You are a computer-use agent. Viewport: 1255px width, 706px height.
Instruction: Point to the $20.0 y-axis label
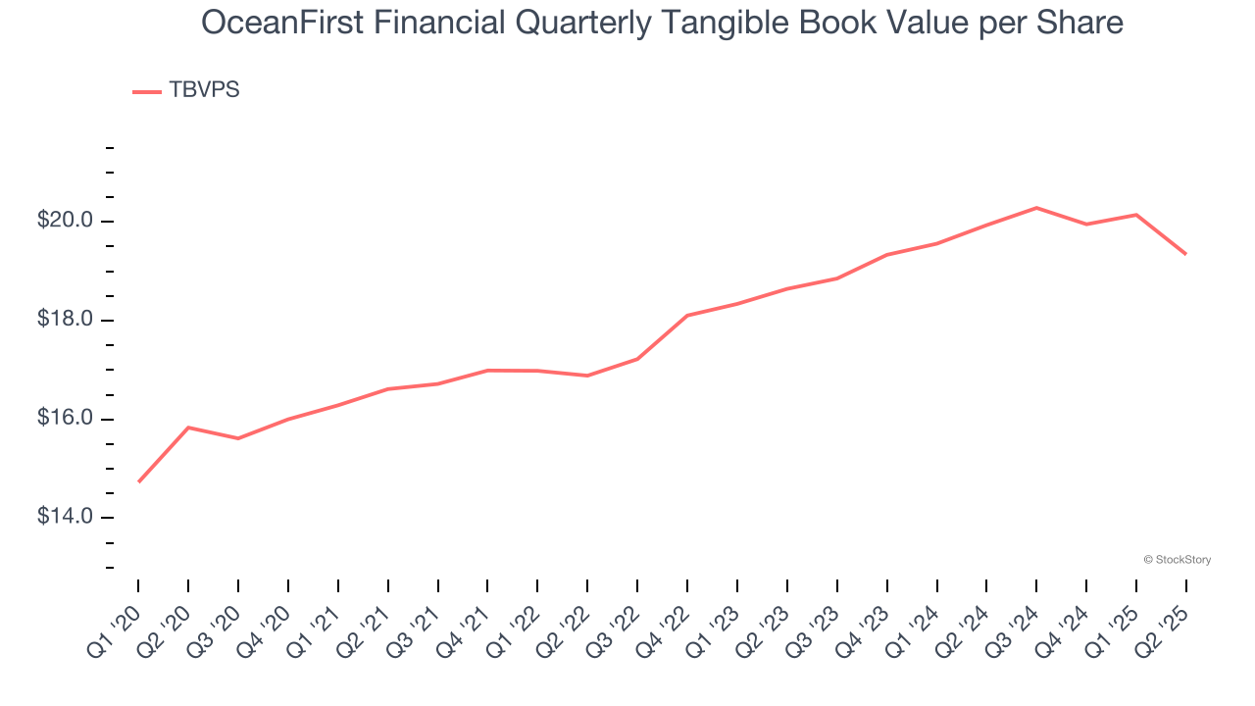(66, 221)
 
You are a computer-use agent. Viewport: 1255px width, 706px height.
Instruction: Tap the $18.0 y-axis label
(66, 320)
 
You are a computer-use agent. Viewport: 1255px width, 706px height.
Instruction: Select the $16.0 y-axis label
(66, 419)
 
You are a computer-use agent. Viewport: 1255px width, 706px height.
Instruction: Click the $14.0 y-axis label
(66, 517)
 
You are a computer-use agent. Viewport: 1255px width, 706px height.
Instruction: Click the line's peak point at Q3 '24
(1036, 208)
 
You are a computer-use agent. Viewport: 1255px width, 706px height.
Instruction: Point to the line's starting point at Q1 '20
(138, 481)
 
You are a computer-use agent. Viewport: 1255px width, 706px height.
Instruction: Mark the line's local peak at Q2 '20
(188, 428)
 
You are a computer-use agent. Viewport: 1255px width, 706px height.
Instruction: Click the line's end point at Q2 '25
(1186, 254)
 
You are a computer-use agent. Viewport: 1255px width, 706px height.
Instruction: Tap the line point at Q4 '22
(687, 316)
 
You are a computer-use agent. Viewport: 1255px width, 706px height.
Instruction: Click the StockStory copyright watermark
(1177, 560)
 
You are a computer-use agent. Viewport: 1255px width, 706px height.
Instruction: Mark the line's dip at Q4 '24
(1086, 225)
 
